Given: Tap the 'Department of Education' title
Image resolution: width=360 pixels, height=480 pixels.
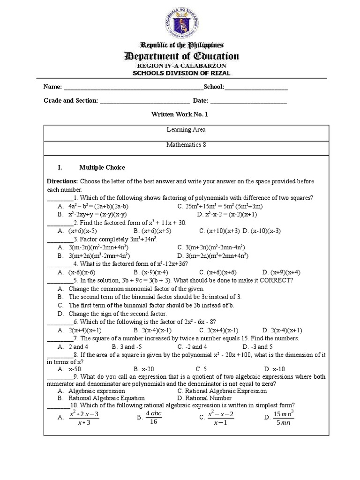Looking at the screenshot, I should tap(181, 57).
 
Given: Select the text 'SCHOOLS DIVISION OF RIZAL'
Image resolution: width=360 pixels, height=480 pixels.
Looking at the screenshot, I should tap(181, 73).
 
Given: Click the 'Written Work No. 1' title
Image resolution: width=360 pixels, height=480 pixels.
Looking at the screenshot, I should tap(180, 114).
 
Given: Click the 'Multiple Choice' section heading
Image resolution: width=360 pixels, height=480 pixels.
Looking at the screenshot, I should tap(102, 167).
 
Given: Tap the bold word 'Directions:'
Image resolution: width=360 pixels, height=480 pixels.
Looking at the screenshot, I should tap(62, 181).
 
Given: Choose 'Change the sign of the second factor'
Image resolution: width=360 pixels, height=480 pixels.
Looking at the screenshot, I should tap(118, 313).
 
